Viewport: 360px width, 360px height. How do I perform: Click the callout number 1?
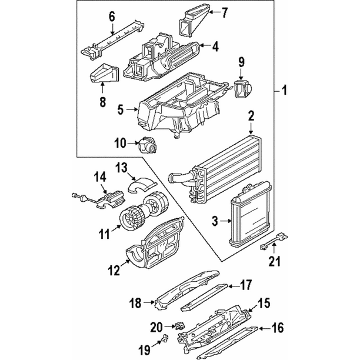(284, 91)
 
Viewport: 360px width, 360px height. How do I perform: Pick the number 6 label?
(112, 16)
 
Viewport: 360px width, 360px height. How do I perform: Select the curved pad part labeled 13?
(140, 187)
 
